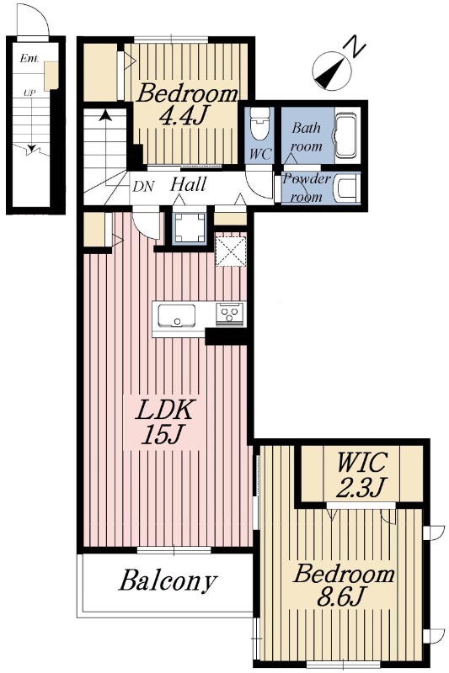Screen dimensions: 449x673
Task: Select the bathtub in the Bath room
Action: point(346,135)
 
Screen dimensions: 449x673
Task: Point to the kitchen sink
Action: point(177,315)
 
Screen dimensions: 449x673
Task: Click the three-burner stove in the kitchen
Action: point(229,313)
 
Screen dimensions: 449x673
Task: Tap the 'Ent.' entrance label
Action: point(29,58)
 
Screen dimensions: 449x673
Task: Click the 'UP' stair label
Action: point(29,93)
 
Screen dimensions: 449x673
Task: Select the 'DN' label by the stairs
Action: point(144,186)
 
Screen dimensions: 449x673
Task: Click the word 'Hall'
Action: point(188,184)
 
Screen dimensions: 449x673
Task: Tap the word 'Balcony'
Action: point(167,580)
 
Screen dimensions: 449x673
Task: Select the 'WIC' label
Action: point(361,463)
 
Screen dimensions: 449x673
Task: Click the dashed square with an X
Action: point(231,251)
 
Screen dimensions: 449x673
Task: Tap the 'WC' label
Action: point(260,155)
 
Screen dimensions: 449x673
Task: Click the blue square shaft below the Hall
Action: point(190,229)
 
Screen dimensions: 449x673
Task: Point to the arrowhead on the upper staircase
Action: point(104,115)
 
